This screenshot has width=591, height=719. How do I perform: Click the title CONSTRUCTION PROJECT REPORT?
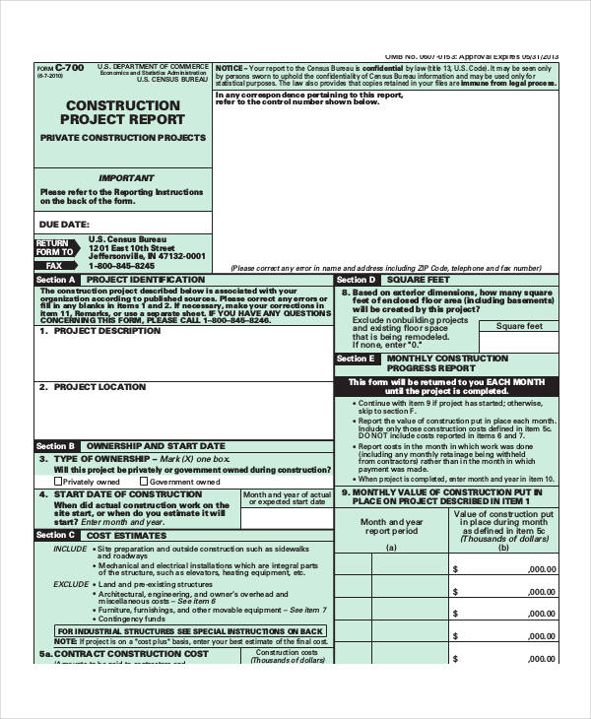(123, 112)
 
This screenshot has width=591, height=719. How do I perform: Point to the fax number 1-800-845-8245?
(122, 266)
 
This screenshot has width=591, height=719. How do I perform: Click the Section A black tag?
(55, 280)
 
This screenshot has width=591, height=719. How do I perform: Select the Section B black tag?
(55, 446)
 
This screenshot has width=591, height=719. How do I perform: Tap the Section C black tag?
(55, 535)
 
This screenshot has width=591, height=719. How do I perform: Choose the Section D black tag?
(356, 280)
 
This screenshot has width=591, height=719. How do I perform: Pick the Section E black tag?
(356, 359)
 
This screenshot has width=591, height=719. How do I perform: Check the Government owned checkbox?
(145, 483)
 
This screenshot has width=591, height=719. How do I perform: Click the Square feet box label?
(519, 326)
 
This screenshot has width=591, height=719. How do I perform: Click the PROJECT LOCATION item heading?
(99, 387)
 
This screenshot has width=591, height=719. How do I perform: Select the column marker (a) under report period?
(391, 548)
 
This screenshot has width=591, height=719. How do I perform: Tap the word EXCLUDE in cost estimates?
(71, 584)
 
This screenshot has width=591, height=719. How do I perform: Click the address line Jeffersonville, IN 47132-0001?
(147, 255)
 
